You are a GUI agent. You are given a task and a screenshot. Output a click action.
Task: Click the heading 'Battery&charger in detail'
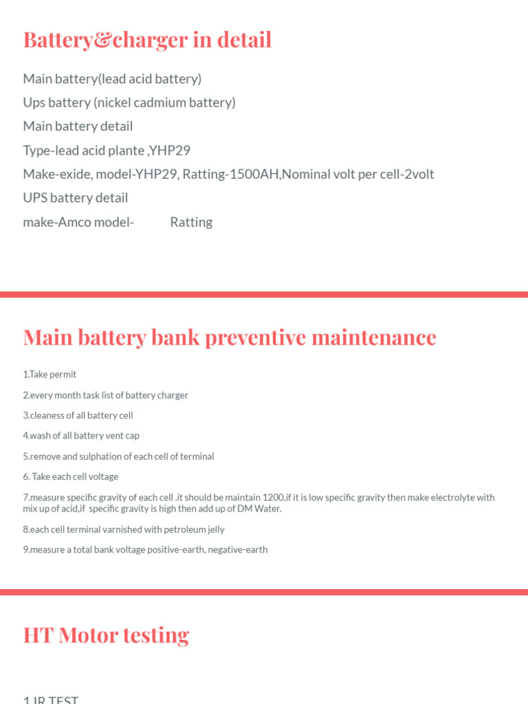(x=147, y=40)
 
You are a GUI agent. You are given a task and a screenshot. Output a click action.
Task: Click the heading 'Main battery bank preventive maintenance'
(x=230, y=338)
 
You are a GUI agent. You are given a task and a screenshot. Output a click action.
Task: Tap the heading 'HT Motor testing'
(x=106, y=635)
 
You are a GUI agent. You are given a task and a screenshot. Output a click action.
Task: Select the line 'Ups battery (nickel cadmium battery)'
(x=129, y=102)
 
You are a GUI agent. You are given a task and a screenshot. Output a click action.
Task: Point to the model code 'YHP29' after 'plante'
(x=175, y=150)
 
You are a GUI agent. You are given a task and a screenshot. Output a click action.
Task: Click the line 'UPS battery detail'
(x=76, y=198)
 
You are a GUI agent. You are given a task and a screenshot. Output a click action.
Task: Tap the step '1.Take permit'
(x=49, y=375)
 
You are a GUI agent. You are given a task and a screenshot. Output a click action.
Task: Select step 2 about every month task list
(x=105, y=395)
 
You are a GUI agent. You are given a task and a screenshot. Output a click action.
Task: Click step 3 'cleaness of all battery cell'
(x=78, y=415)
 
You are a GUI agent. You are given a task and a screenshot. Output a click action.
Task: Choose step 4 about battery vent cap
(x=81, y=436)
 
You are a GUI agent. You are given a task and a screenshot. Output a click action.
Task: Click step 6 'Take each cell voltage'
(x=71, y=476)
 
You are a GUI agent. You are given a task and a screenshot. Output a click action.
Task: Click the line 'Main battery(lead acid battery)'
(x=112, y=79)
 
